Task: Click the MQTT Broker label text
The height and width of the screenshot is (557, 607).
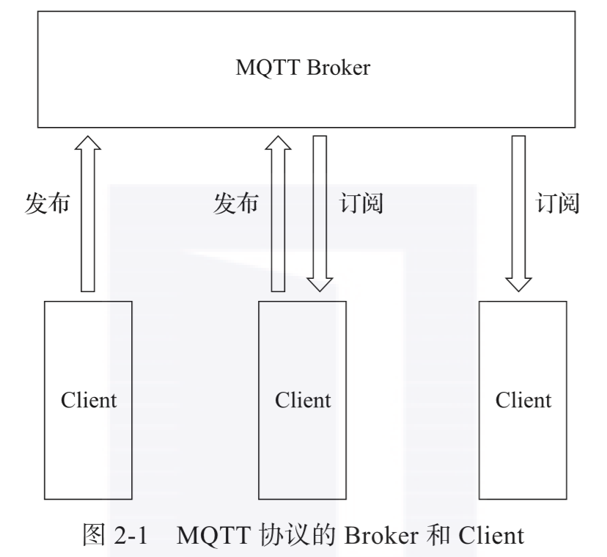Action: pos(303,68)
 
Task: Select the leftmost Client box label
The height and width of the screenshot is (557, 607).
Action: pos(89,400)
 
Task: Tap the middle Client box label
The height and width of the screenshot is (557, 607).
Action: pos(303,400)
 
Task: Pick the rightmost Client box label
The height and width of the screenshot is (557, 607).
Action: pos(523,400)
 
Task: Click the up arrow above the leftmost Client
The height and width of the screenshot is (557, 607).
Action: pos(88,214)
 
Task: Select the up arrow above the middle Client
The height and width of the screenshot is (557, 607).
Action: pos(278,214)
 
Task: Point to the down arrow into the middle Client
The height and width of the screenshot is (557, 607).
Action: pos(320,214)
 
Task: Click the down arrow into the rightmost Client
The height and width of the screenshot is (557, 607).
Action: pos(519,214)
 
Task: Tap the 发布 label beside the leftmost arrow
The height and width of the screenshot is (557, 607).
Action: pos(47,203)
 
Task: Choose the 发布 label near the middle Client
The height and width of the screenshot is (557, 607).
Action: pos(236,203)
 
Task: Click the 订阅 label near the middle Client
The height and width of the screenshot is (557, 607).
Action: pos(361,203)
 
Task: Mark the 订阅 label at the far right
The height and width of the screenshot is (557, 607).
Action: pos(557,203)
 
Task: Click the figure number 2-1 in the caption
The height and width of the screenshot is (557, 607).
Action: pos(130,536)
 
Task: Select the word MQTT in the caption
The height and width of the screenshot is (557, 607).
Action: pos(213,536)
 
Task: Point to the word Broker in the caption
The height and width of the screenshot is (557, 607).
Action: pos(381,536)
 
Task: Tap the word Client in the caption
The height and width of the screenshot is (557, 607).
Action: pos(491,536)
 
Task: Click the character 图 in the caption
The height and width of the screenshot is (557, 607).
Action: pos(94,535)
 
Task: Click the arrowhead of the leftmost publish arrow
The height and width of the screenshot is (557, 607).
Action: pos(88,142)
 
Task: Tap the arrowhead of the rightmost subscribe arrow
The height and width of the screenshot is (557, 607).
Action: pos(519,285)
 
